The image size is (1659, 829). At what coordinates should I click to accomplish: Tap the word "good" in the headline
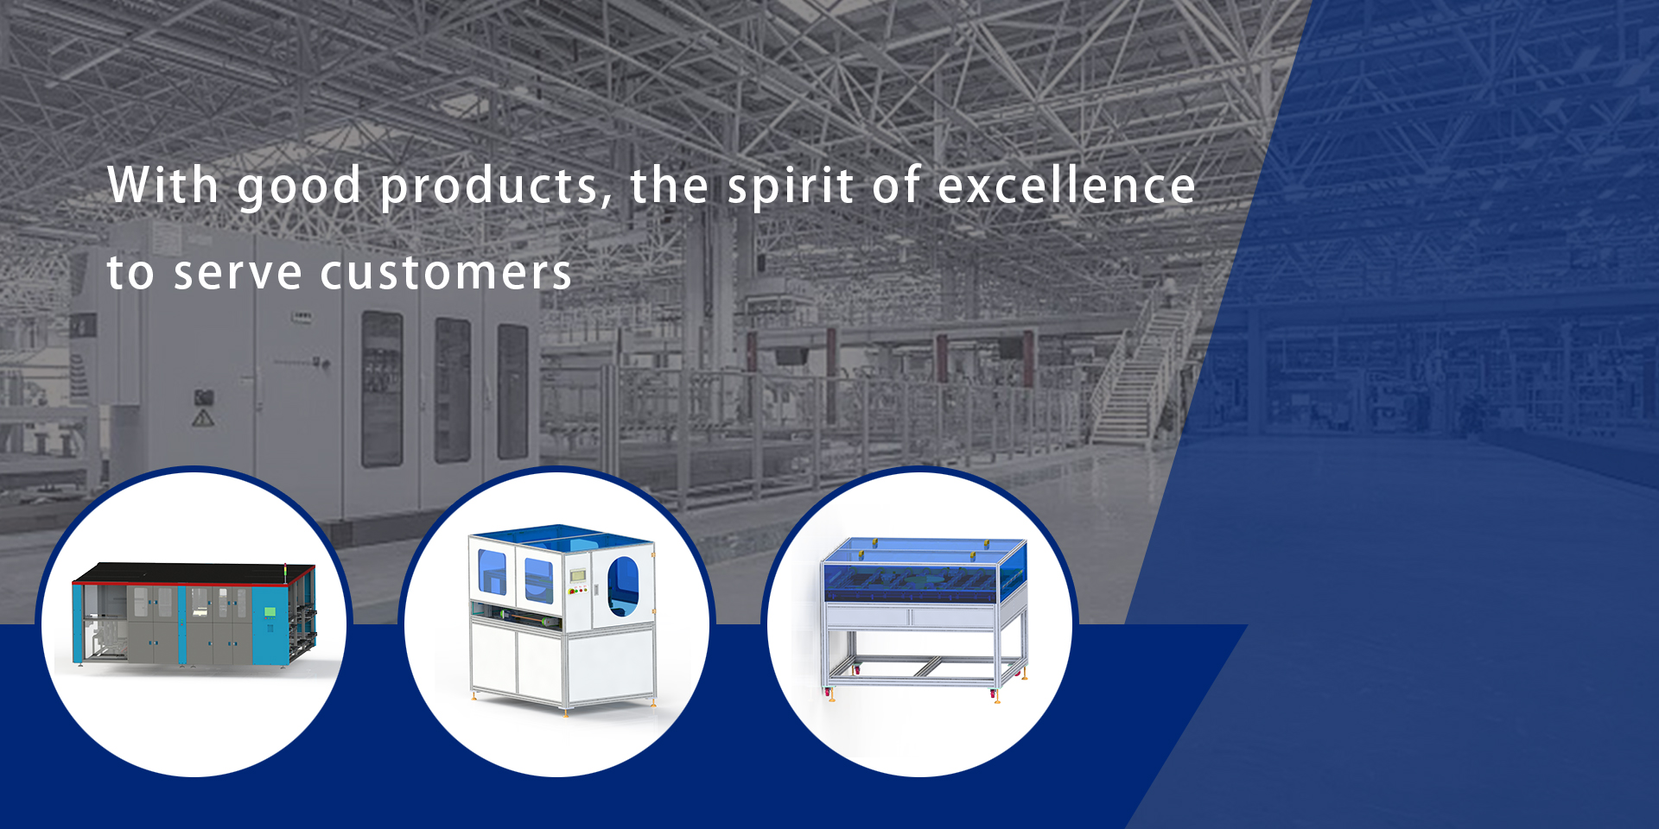click(299, 188)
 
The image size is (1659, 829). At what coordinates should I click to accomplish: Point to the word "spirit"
click(791, 187)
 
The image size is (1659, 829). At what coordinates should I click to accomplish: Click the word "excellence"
click(1066, 185)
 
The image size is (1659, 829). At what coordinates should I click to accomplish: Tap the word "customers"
click(446, 273)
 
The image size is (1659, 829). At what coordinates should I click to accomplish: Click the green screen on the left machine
click(270, 611)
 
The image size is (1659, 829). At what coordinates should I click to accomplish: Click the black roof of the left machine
click(194, 573)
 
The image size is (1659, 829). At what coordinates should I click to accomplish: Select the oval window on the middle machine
click(623, 586)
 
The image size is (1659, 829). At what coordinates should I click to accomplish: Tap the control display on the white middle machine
click(577, 575)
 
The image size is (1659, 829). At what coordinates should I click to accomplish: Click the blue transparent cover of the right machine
click(924, 570)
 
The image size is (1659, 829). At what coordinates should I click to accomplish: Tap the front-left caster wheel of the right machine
click(857, 669)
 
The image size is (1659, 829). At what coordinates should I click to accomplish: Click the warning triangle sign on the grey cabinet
click(202, 419)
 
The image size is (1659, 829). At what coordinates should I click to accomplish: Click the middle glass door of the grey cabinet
click(453, 389)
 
